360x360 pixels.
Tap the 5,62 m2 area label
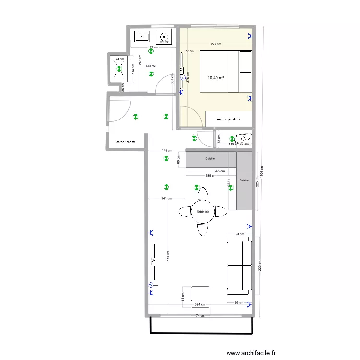pyautogui.click(x=151, y=66)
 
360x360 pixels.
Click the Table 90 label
pyautogui.click(x=203, y=212)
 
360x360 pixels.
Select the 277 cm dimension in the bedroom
pyautogui.click(x=216, y=44)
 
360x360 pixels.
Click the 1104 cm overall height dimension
pyautogui.click(x=262, y=171)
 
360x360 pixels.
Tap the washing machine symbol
pyautogui.click(x=165, y=36)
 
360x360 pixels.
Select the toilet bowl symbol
pyautogui.click(x=242, y=138)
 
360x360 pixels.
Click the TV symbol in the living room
pyautogui.click(x=154, y=262)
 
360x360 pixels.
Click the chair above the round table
pyautogui.click(x=203, y=193)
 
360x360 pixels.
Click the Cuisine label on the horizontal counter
pyautogui.click(x=210, y=158)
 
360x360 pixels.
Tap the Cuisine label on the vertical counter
pyautogui.click(x=244, y=180)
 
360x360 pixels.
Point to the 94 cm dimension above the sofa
pyautogui.click(x=240, y=234)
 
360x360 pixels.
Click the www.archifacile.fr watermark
pyautogui.click(x=252, y=353)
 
